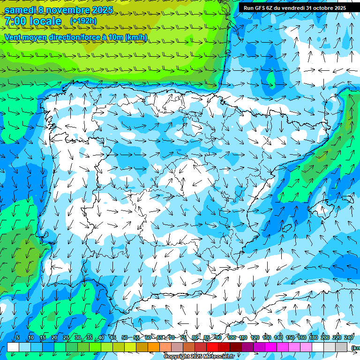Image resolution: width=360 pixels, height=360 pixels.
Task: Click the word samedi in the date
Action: (x=21, y=10)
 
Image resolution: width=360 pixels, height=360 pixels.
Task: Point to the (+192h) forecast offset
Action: (x=83, y=21)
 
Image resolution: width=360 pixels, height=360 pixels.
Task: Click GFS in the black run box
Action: (x=266, y=7)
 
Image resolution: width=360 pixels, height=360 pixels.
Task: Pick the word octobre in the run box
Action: (x=322, y=7)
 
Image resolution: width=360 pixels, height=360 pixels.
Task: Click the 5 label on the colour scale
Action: (x=18, y=337)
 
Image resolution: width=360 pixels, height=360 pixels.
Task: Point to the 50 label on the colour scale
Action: (x=125, y=337)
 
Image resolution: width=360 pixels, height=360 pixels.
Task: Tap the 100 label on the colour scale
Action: (x=232, y=337)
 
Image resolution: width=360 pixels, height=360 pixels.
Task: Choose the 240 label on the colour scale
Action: (x=349, y=337)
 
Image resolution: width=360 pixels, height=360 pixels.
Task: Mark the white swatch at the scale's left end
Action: (x=13, y=347)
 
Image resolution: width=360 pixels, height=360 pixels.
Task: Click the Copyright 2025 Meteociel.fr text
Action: (x=199, y=357)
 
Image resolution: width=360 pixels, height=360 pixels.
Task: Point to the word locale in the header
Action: (x=45, y=21)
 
